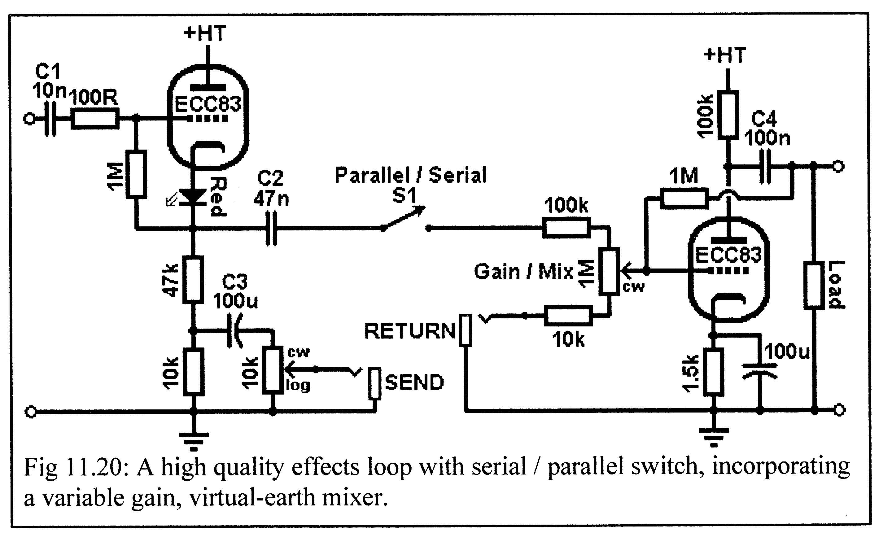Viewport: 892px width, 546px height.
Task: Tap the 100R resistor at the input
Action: [x=95, y=118]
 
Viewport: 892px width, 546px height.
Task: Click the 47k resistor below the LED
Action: [x=193, y=279]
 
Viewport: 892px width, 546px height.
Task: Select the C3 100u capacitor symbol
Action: [x=234, y=330]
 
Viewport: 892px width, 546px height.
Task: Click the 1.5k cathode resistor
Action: [x=714, y=372]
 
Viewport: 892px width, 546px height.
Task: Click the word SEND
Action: [x=414, y=383]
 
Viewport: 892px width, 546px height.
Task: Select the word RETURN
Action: [x=410, y=331]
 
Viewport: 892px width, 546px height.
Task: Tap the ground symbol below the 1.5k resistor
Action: [x=714, y=438]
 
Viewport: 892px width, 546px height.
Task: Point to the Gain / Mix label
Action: [x=524, y=272]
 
